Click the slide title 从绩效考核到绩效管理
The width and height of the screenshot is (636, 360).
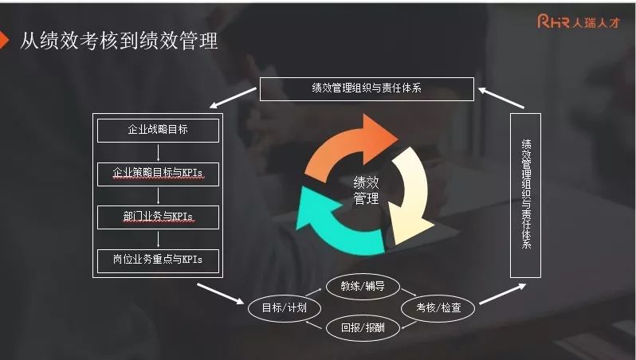(120, 41)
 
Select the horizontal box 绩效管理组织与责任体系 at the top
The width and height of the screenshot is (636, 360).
(367, 88)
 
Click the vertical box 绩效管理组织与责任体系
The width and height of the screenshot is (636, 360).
(525, 195)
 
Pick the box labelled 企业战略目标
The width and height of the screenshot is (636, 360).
(158, 129)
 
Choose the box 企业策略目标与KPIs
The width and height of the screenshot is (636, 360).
(158, 172)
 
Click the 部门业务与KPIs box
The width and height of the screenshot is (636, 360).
(158, 216)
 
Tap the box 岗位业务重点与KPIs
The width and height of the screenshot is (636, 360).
(158, 260)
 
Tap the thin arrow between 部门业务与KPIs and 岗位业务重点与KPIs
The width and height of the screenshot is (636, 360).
(158, 238)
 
